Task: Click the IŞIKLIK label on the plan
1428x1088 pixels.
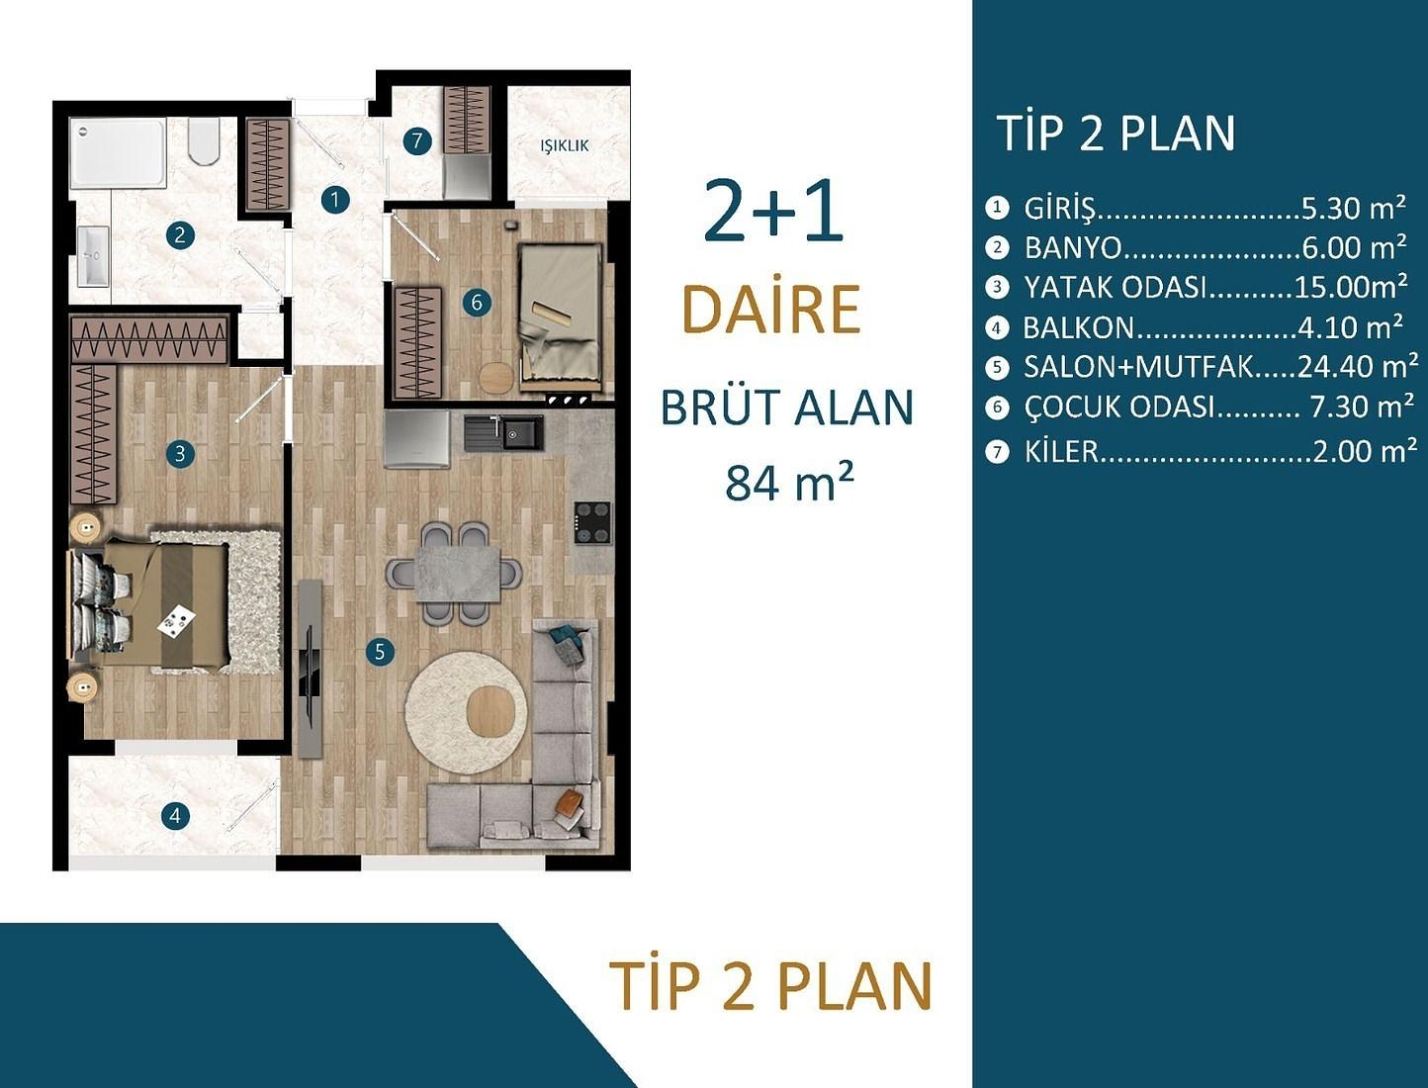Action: pos(565,145)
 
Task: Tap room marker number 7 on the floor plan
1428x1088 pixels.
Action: pos(417,141)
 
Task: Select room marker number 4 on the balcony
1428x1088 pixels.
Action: pos(175,816)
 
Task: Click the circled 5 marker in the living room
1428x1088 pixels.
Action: pos(379,651)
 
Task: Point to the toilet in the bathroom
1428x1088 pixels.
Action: pos(204,141)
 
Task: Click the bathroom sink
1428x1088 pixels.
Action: pos(93,256)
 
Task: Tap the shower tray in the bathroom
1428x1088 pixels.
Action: pos(118,153)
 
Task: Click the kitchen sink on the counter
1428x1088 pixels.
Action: pos(504,432)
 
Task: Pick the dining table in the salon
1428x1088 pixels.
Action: pos(456,574)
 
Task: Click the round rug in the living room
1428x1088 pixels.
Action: pos(465,712)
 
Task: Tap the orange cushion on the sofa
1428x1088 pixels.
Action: pos(570,806)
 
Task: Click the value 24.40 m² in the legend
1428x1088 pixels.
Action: pos(1357,367)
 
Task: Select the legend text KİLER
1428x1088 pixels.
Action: pos(1061,452)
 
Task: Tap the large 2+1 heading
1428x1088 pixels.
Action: pos(773,213)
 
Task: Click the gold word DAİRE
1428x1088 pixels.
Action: pos(771,310)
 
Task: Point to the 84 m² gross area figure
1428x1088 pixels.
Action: pos(789,483)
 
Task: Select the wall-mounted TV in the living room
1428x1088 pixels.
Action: pos(310,669)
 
